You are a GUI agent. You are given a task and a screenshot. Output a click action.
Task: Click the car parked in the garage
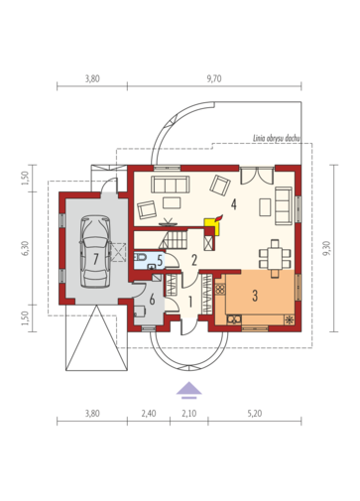pyautogui.click(x=95, y=252)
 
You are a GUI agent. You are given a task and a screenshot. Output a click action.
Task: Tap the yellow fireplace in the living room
pyautogui.click(x=213, y=225)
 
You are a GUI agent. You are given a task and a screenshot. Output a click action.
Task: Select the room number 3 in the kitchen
pyautogui.click(x=255, y=296)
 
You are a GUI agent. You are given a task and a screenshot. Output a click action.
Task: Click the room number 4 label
pyautogui.click(x=234, y=204)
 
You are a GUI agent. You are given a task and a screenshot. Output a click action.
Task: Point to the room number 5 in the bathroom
pyautogui.click(x=160, y=261)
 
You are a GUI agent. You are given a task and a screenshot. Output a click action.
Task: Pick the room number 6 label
pyautogui.click(x=152, y=300)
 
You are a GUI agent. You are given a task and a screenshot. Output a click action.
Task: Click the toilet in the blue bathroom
pyautogui.click(x=141, y=257)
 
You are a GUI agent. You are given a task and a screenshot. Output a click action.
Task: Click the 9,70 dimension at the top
pyautogui.click(x=214, y=78)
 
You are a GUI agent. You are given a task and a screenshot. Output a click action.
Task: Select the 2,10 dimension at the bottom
pyautogui.click(x=188, y=414)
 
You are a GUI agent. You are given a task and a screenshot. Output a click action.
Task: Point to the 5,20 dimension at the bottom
pyautogui.click(x=255, y=414)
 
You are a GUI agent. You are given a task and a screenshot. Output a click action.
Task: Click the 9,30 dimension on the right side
pyautogui.click(x=326, y=248)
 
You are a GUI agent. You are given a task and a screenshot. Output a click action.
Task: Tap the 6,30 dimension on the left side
pyautogui.click(x=27, y=248)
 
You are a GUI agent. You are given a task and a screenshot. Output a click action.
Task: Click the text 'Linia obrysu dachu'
pyautogui.click(x=277, y=138)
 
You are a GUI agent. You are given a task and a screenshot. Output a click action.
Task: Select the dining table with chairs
pyautogui.click(x=275, y=258)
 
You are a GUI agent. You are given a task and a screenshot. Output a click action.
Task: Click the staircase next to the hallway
pyautogui.click(x=173, y=240)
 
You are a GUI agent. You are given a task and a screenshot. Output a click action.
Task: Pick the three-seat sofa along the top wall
pyautogui.click(x=171, y=185)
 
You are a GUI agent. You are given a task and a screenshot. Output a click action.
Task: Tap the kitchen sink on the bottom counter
pyautogui.click(x=234, y=319)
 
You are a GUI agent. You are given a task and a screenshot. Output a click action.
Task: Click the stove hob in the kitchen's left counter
pyautogui.click(x=220, y=290)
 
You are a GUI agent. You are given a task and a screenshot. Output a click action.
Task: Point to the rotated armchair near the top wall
pyautogui.click(x=220, y=185)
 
